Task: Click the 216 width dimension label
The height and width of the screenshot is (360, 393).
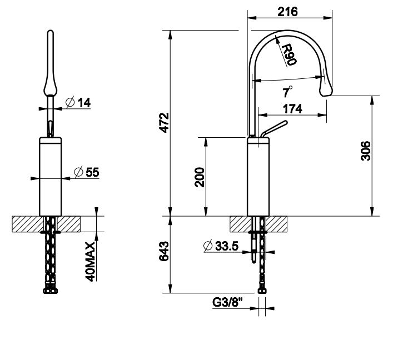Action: coord(287,12)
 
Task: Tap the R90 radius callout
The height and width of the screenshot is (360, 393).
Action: coord(289,54)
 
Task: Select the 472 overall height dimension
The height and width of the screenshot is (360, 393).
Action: coord(165,123)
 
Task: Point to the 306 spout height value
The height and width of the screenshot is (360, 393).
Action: coord(366,151)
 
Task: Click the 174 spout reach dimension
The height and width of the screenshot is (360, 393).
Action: coord(292,109)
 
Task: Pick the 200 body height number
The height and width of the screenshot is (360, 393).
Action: coord(200,177)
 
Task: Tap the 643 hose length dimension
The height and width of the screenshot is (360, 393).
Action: coord(164,251)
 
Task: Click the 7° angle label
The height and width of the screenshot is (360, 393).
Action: coord(287,92)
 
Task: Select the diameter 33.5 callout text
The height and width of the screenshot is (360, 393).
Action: coord(221,246)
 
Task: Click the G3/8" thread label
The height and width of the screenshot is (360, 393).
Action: coord(228,302)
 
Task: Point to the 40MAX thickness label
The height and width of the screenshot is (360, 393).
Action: coord(91,262)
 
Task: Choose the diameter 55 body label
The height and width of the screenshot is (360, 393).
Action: coord(87,172)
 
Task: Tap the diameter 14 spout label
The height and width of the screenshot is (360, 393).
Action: coord(78,102)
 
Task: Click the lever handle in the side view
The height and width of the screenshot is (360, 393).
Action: coord(273,129)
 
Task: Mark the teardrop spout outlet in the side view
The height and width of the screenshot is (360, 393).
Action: coord(326,88)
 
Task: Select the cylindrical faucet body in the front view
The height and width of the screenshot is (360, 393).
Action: coord(51,176)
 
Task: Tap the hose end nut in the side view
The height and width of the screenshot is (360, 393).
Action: coord(262,291)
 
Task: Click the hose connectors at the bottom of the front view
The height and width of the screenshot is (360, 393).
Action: coord(51,291)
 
